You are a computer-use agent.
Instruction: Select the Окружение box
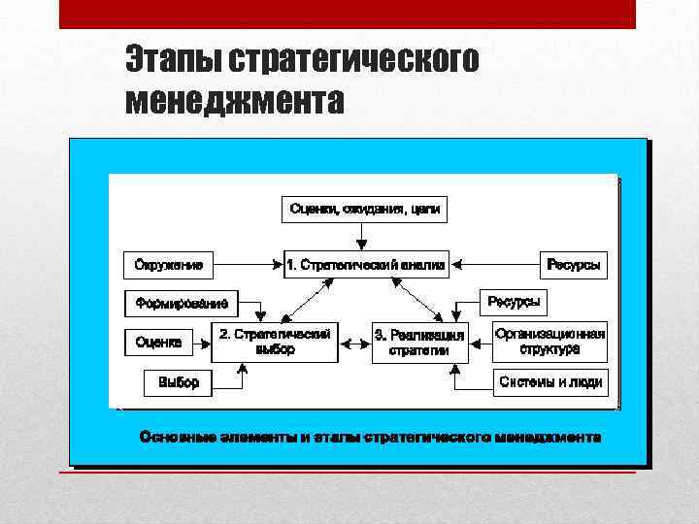click(x=169, y=263)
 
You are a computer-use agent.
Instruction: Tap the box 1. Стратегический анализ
click(x=366, y=263)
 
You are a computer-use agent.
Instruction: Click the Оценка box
click(x=158, y=342)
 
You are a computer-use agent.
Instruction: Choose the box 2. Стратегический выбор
click(x=275, y=342)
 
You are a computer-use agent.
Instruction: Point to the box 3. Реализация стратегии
click(x=419, y=343)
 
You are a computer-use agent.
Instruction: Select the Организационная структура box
click(x=549, y=342)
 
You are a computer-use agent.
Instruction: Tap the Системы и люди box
click(x=550, y=382)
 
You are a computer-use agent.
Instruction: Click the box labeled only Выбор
click(x=178, y=382)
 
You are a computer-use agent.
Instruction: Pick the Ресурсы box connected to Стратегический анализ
click(x=573, y=263)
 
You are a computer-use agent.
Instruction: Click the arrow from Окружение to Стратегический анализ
click(x=248, y=263)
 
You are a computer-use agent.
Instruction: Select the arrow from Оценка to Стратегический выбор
click(x=201, y=342)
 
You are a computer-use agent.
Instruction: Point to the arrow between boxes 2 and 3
click(x=354, y=343)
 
